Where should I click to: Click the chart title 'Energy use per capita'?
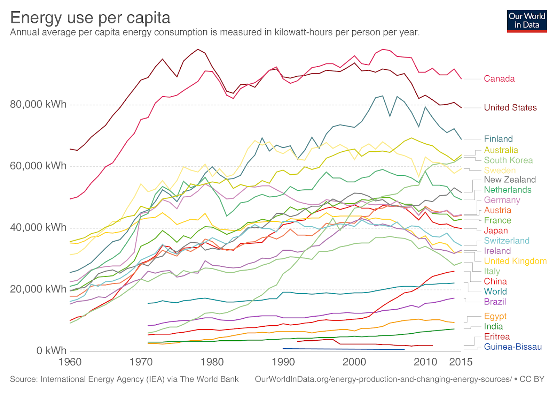90,17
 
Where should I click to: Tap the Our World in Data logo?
527,21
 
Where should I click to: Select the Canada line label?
499,79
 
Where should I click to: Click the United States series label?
510,108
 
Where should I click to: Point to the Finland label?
498,139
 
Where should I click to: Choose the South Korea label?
508,160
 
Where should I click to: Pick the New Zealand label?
510,180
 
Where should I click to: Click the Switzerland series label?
507,241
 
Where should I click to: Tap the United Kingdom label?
515,261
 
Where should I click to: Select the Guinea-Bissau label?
512,347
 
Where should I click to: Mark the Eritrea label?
497,337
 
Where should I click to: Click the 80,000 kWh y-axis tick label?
38,104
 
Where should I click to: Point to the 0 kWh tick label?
51,351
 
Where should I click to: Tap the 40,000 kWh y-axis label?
38,228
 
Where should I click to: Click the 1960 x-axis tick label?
70,362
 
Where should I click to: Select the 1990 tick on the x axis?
283,362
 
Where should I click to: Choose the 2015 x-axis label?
461,362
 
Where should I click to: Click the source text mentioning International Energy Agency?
124,379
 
